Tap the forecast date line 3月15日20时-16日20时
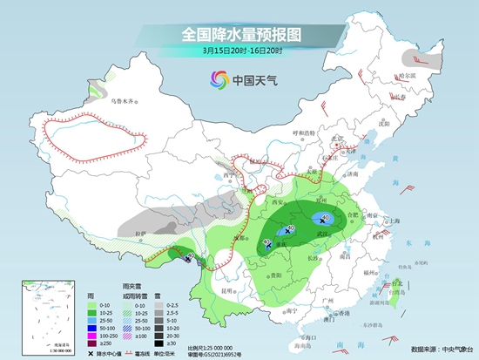(x=240, y=51)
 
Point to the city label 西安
(x=280, y=202)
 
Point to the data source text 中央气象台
(x=449, y=350)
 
